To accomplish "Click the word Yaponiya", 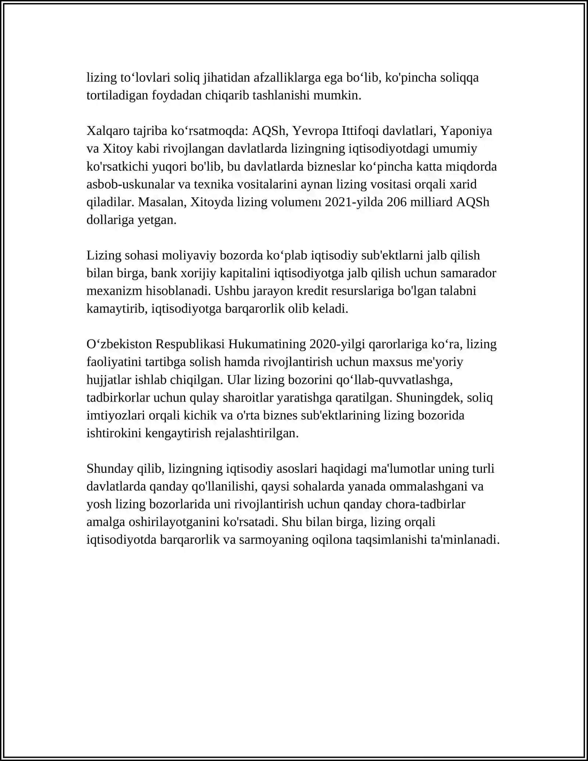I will click(466, 131).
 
